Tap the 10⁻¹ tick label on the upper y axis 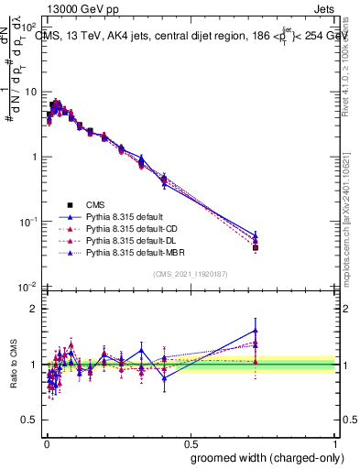tap(30, 222)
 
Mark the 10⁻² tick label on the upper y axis tap(30, 287)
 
